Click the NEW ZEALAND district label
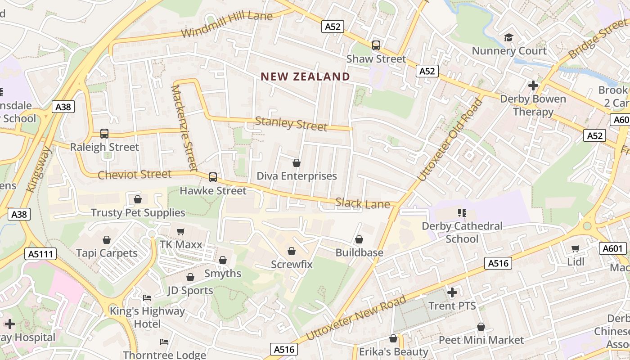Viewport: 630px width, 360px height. pos(305,76)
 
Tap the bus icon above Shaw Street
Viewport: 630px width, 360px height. pos(376,45)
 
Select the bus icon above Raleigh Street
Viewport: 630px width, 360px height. pos(104,134)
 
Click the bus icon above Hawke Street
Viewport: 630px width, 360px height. pos(213,177)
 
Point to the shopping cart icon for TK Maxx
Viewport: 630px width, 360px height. pos(181,232)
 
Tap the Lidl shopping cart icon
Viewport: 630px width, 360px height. pos(576,248)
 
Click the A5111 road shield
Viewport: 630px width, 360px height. pos(40,254)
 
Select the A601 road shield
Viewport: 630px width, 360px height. pos(613,248)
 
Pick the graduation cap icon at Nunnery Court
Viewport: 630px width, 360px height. pos(508,37)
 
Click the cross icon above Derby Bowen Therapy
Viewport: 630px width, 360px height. pos(533,85)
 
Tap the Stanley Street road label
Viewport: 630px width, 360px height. pos(291,124)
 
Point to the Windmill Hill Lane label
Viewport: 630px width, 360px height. pos(227,25)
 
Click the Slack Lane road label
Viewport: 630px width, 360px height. pos(363,203)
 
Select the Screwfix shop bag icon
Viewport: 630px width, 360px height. pos(292,251)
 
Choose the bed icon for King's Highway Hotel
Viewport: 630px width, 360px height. pos(147,298)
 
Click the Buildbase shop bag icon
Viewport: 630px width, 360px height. pos(359,239)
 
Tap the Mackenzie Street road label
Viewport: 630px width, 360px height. pos(184,128)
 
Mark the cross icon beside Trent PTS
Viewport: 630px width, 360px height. pos(452,293)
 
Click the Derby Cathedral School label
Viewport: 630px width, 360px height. pos(462,232)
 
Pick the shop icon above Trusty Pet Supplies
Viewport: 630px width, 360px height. pos(138,199)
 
